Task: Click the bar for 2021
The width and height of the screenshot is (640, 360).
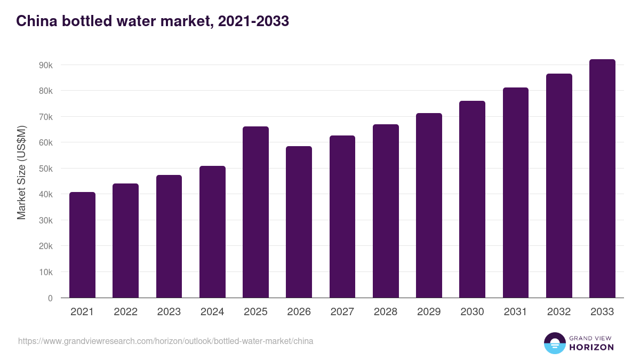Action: point(82,245)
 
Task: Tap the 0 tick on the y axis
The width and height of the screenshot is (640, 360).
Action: point(50,298)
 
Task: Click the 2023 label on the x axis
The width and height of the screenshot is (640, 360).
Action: point(169,312)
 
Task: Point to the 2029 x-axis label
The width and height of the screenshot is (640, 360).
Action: point(429,312)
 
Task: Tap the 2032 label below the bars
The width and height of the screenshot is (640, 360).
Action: point(559,312)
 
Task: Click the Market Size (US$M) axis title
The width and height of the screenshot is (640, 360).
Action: point(21,172)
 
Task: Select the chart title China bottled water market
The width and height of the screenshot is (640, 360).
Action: point(153,21)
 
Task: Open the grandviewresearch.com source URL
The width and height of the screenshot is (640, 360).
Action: point(166,341)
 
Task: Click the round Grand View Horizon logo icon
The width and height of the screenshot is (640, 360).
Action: point(554,343)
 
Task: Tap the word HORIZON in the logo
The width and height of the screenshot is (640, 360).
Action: point(591,347)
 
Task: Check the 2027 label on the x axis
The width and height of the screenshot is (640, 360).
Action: point(342,312)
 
